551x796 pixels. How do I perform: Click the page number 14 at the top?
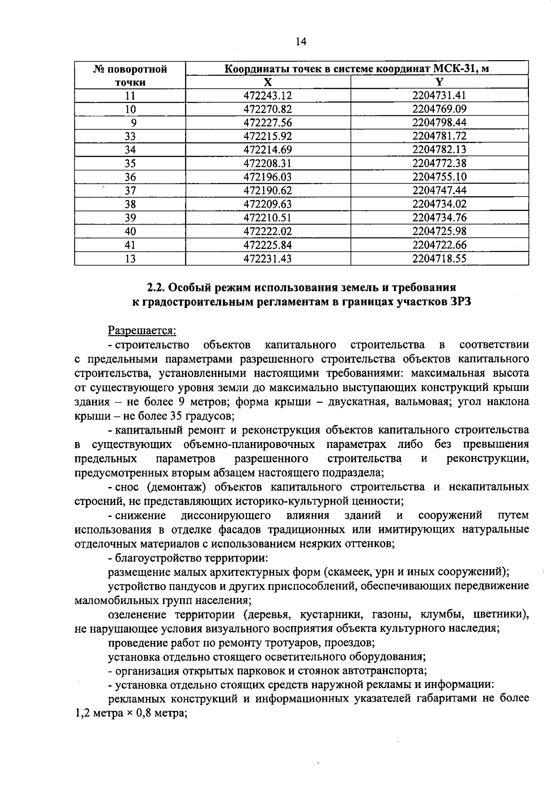coord(301,42)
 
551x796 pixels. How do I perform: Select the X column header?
coord(268,82)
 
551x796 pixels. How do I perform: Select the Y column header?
coord(439,82)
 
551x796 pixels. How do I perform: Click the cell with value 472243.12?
coord(268,95)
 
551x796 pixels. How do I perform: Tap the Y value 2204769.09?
coord(439,109)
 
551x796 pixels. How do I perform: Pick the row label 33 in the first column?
coord(130,136)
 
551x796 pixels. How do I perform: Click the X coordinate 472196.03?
coord(268,177)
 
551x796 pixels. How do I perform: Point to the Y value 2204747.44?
coord(439,191)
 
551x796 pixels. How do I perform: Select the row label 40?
coord(130,231)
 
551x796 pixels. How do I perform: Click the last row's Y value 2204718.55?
coord(439,259)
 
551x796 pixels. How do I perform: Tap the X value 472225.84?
coord(268,245)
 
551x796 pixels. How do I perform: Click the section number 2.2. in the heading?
coord(156,287)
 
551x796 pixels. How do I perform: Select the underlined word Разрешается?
coord(142,330)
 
